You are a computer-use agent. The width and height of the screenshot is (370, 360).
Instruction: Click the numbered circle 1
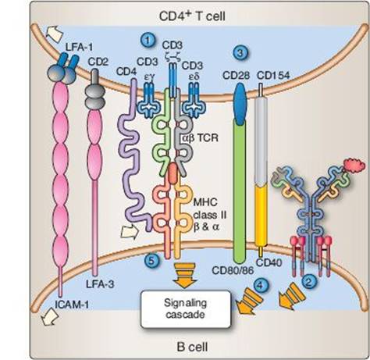(x=148, y=41)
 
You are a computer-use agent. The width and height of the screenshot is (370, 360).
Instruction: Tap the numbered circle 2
(x=309, y=282)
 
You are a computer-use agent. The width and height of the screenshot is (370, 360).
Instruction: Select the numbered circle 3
(x=240, y=53)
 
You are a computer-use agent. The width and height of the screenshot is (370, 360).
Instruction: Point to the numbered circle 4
(x=261, y=285)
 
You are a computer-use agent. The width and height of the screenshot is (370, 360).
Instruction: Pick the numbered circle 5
(x=151, y=260)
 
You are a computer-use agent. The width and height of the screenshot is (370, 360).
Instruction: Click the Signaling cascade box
(x=186, y=309)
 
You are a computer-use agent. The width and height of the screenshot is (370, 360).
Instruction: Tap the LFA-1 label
(x=75, y=48)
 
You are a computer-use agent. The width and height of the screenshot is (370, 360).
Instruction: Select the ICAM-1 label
(x=72, y=305)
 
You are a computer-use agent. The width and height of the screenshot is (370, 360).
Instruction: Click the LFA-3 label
(x=100, y=284)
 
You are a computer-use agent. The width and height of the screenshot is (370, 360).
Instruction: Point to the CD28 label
(x=236, y=76)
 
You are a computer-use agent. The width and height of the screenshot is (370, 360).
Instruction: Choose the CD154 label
(x=273, y=76)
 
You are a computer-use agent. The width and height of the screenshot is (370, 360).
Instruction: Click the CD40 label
(x=269, y=262)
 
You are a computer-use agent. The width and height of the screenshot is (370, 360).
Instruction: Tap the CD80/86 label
(x=233, y=271)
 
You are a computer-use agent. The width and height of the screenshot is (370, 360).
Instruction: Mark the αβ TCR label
(x=200, y=137)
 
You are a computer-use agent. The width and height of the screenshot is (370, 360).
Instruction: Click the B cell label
(x=193, y=347)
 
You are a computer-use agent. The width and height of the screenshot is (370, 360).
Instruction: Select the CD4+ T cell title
(x=192, y=16)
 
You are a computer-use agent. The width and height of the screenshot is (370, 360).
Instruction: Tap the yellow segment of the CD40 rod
(x=261, y=215)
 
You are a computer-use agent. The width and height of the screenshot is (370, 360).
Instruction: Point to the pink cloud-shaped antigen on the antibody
(x=354, y=165)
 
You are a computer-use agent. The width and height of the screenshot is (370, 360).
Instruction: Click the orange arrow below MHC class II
(x=185, y=275)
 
